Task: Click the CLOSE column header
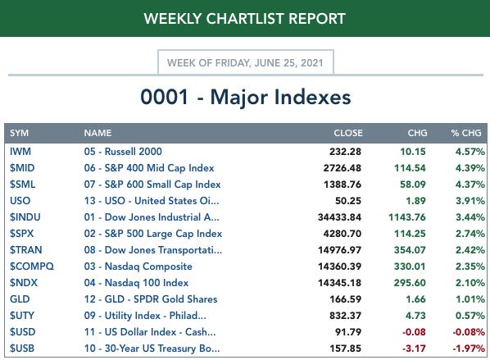tap(348, 133)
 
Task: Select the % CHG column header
tap(466, 133)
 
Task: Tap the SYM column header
tap(19, 133)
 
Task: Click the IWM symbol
tap(20, 152)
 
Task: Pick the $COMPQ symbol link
tap(32, 267)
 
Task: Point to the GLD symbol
tap(20, 299)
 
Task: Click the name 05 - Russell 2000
tap(123, 152)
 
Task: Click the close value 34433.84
tap(339, 217)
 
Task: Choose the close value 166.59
tap(345, 299)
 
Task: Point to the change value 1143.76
tap(407, 217)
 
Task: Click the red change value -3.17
tap(414, 349)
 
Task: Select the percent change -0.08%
tap(469, 332)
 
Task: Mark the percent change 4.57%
tap(470, 152)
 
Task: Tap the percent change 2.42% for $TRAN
tap(470, 250)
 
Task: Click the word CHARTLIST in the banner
tap(245, 19)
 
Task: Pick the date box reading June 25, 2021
tap(246, 62)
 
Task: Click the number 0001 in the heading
tap(165, 97)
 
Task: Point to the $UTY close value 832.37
tap(345, 316)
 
